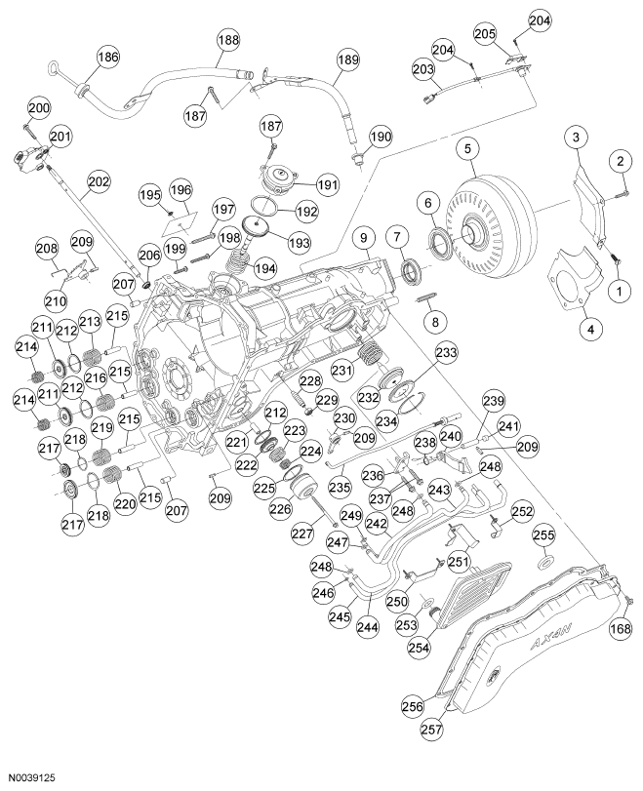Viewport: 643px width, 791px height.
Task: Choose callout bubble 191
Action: [326, 183]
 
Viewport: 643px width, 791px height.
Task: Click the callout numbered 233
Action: [445, 352]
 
